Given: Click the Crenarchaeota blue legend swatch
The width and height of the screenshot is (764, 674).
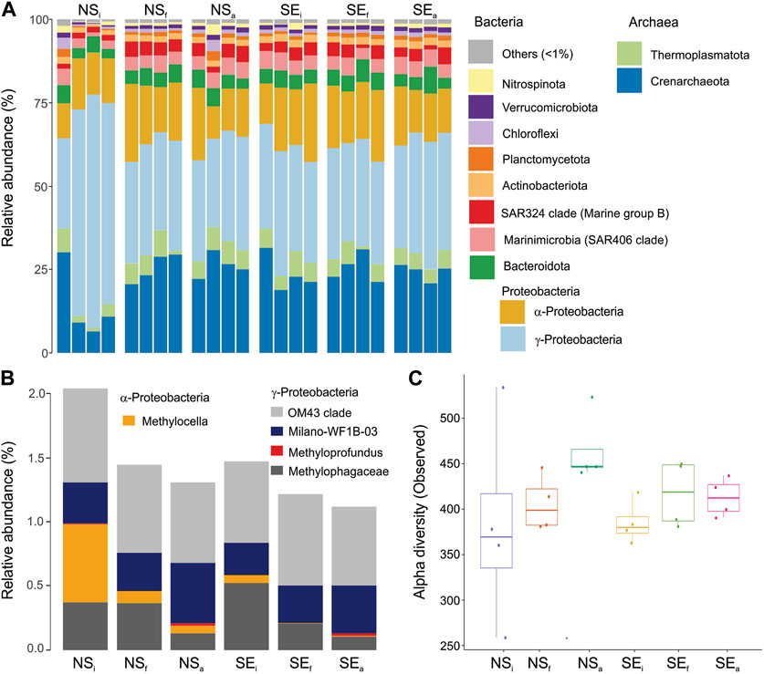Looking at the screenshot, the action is coord(629,80).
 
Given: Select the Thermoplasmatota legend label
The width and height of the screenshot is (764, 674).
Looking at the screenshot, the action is coord(700,55).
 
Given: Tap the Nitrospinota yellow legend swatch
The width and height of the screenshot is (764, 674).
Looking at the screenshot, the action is coord(481,81).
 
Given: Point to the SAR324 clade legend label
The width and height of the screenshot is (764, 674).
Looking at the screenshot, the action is coord(585,213).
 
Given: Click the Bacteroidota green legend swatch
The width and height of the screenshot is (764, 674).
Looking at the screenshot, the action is coord(482,267).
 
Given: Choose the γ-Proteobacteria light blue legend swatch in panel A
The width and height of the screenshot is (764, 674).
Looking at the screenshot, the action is coord(513,339).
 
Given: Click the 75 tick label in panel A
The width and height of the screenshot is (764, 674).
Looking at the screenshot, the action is coord(41,103).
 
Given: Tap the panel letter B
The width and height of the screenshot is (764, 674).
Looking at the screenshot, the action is coord(7,378).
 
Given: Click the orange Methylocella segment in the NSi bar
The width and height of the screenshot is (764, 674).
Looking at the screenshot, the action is coord(85,563).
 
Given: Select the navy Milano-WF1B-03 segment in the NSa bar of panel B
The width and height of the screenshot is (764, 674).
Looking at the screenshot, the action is coord(193,593).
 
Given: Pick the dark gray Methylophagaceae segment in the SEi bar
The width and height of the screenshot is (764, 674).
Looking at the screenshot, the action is coord(246,616).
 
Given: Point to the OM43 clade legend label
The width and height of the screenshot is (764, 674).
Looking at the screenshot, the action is coord(319,413).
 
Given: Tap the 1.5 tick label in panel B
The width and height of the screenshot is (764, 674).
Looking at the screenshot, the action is coord(39,458).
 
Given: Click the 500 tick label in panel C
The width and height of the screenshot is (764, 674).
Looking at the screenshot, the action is coord(449,419).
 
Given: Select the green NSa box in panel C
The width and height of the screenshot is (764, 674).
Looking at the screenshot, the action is coord(588,458).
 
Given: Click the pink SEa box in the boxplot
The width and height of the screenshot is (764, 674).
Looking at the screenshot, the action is coord(724,498).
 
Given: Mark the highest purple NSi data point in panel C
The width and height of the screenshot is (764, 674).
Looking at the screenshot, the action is coord(503,388).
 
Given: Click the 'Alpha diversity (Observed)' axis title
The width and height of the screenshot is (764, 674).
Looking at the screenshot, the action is coord(420,512).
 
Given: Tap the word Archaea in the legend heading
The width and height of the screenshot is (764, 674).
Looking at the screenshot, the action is coord(654,23).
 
